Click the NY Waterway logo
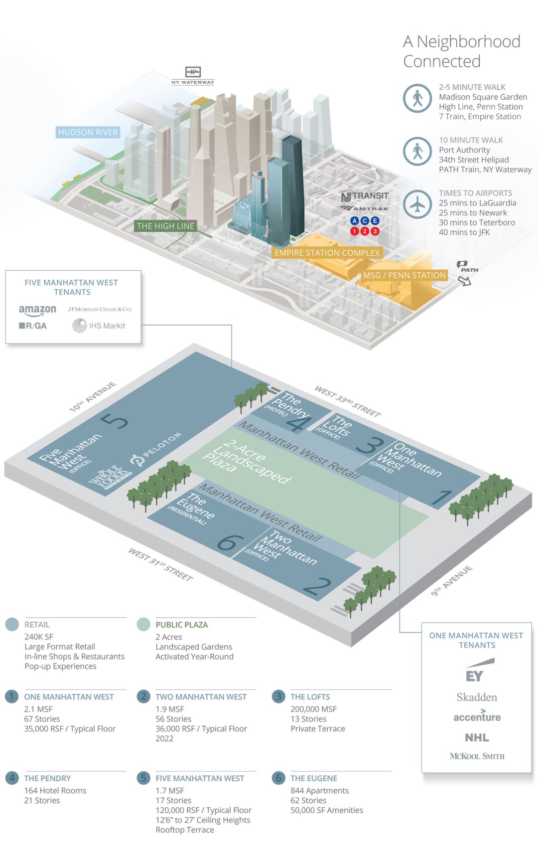click(193, 75)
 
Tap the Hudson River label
click(88, 132)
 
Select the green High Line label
click(165, 226)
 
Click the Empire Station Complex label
click(327, 253)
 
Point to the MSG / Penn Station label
click(404, 275)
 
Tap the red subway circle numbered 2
click(365, 231)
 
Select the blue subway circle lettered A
click(355, 221)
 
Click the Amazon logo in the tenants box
click(37, 310)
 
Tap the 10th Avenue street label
click(93, 396)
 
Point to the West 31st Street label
click(160, 564)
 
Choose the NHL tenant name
click(477, 737)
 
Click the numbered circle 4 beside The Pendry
click(12, 778)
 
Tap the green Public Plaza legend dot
click(143, 624)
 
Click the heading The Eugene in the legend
click(314, 778)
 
